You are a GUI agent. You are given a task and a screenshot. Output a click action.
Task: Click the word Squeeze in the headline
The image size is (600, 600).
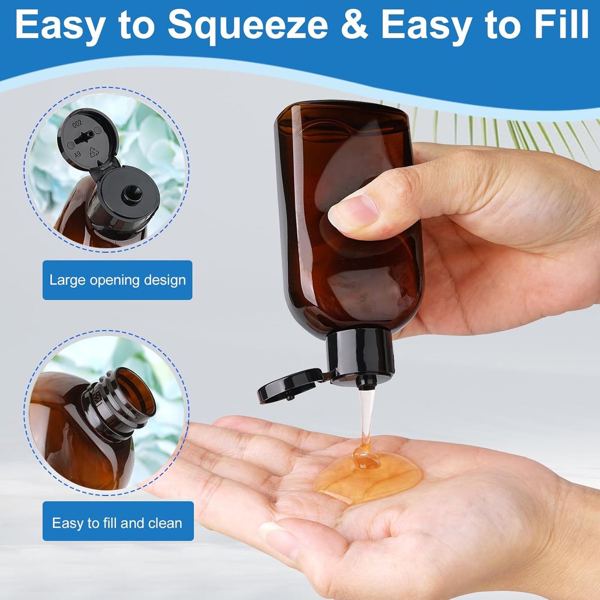coord(247,27)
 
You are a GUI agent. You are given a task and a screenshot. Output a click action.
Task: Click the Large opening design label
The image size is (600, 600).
coord(118,280)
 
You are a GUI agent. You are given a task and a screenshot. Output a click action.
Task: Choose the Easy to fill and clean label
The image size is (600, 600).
coord(118,523)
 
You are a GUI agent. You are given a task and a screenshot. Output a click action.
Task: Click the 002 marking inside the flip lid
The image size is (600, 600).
coord(78,123)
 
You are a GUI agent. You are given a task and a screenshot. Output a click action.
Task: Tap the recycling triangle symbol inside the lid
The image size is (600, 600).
coord(94,152)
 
